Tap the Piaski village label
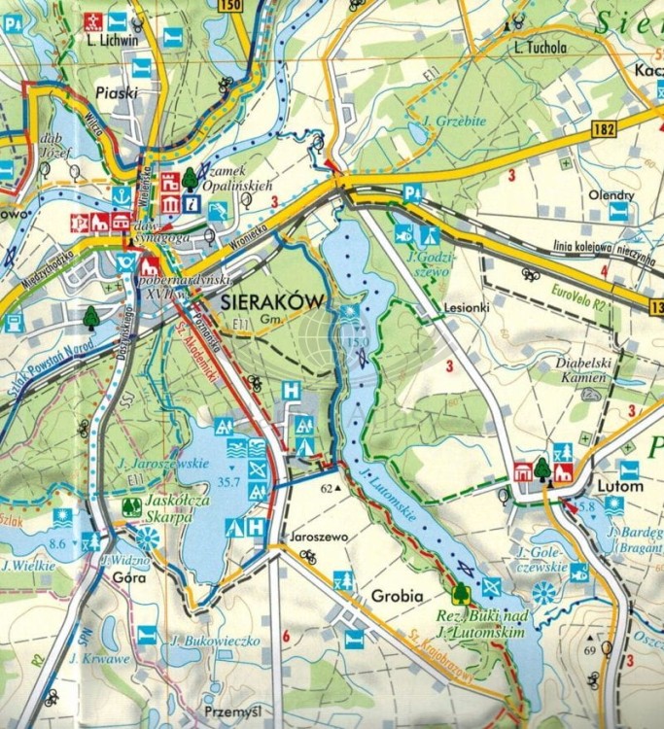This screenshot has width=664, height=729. click(118, 93)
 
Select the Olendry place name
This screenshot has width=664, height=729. click(612, 194)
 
